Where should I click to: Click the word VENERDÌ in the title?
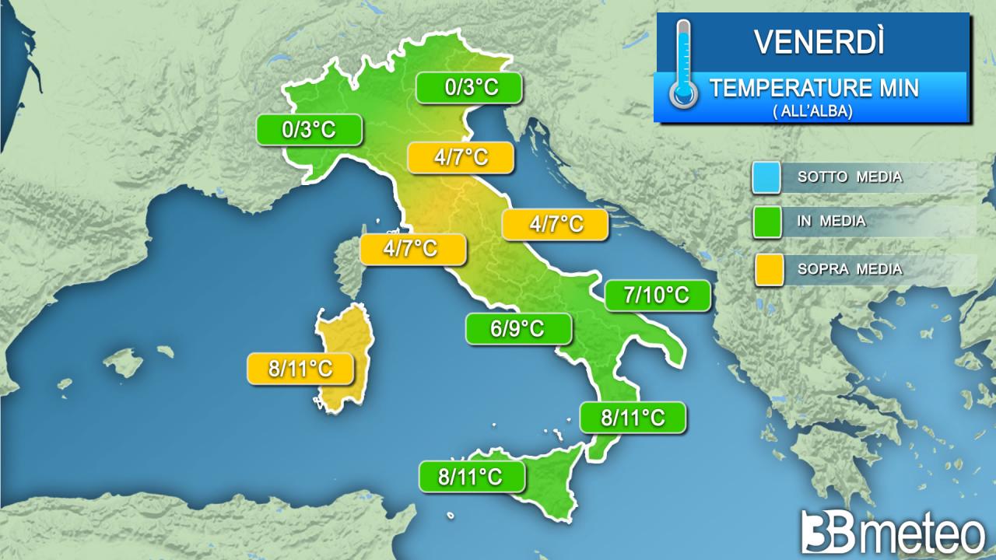[819, 42]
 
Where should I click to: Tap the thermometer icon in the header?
[683, 66]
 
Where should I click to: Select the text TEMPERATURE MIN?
[813, 88]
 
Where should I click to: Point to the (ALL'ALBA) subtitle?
[813, 111]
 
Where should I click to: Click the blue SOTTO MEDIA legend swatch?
[766, 177]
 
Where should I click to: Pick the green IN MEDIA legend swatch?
[766, 222]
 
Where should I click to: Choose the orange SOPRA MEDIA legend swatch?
[766, 269]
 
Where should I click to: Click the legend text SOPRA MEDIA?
[850, 270]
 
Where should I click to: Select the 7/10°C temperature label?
[658, 296]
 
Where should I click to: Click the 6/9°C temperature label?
[517, 329]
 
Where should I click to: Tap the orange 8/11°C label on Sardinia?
[300, 369]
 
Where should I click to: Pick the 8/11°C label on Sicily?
[471, 477]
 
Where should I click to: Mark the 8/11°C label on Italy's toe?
[633, 418]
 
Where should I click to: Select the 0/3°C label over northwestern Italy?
[309, 130]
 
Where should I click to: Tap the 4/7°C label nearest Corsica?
[412, 249]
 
